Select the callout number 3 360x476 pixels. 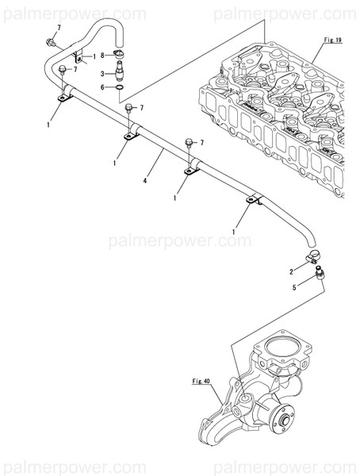101,73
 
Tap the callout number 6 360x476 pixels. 101,86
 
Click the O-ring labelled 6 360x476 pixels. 119,87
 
